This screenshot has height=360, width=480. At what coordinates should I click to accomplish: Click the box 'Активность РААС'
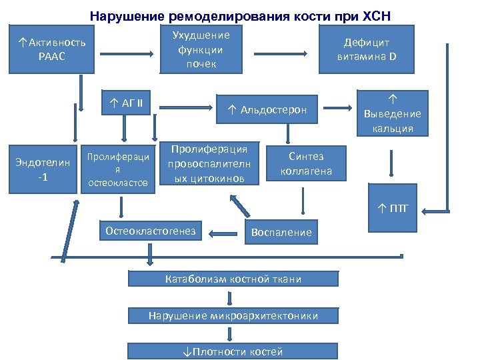[52, 49]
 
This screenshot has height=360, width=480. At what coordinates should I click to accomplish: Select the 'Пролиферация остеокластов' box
[118, 169]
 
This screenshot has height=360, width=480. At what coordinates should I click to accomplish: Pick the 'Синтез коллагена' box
[306, 164]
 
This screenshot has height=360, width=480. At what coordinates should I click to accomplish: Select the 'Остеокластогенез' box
[151, 231]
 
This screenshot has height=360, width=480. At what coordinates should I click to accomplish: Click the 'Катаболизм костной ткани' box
[233, 279]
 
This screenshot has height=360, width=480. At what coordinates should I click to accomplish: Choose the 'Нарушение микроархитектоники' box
[233, 315]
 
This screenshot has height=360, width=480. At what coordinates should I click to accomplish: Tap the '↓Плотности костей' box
[233, 351]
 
